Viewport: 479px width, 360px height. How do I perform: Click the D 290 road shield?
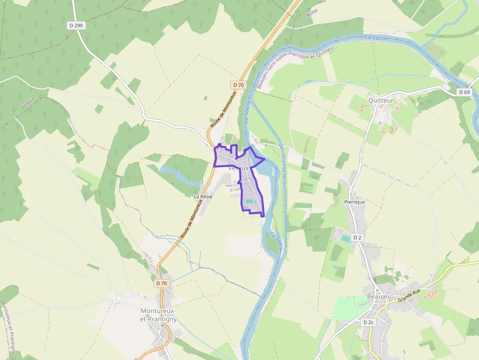click(76, 25)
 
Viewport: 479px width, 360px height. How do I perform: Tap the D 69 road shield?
click(464, 92)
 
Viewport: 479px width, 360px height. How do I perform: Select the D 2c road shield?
click(369, 322)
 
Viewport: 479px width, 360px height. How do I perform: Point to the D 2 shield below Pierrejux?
click(358, 237)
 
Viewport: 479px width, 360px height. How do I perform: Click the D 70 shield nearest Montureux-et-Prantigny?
click(162, 283)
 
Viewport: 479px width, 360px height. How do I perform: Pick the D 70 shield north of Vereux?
click(238, 85)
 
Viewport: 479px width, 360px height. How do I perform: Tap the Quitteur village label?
click(381, 101)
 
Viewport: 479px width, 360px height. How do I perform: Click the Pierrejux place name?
click(354, 202)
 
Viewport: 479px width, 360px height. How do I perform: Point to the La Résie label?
click(203, 196)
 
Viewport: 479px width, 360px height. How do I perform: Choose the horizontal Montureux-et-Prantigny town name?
click(159, 315)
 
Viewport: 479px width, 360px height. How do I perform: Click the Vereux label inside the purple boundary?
click(239, 168)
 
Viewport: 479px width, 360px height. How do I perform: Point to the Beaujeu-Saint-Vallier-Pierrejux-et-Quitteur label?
click(295, 68)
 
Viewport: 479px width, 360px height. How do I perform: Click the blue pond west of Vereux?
click(178, 174)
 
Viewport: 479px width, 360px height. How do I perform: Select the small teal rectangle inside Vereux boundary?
click(250, 201)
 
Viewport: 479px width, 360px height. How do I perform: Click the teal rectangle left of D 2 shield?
click(346, 238)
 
